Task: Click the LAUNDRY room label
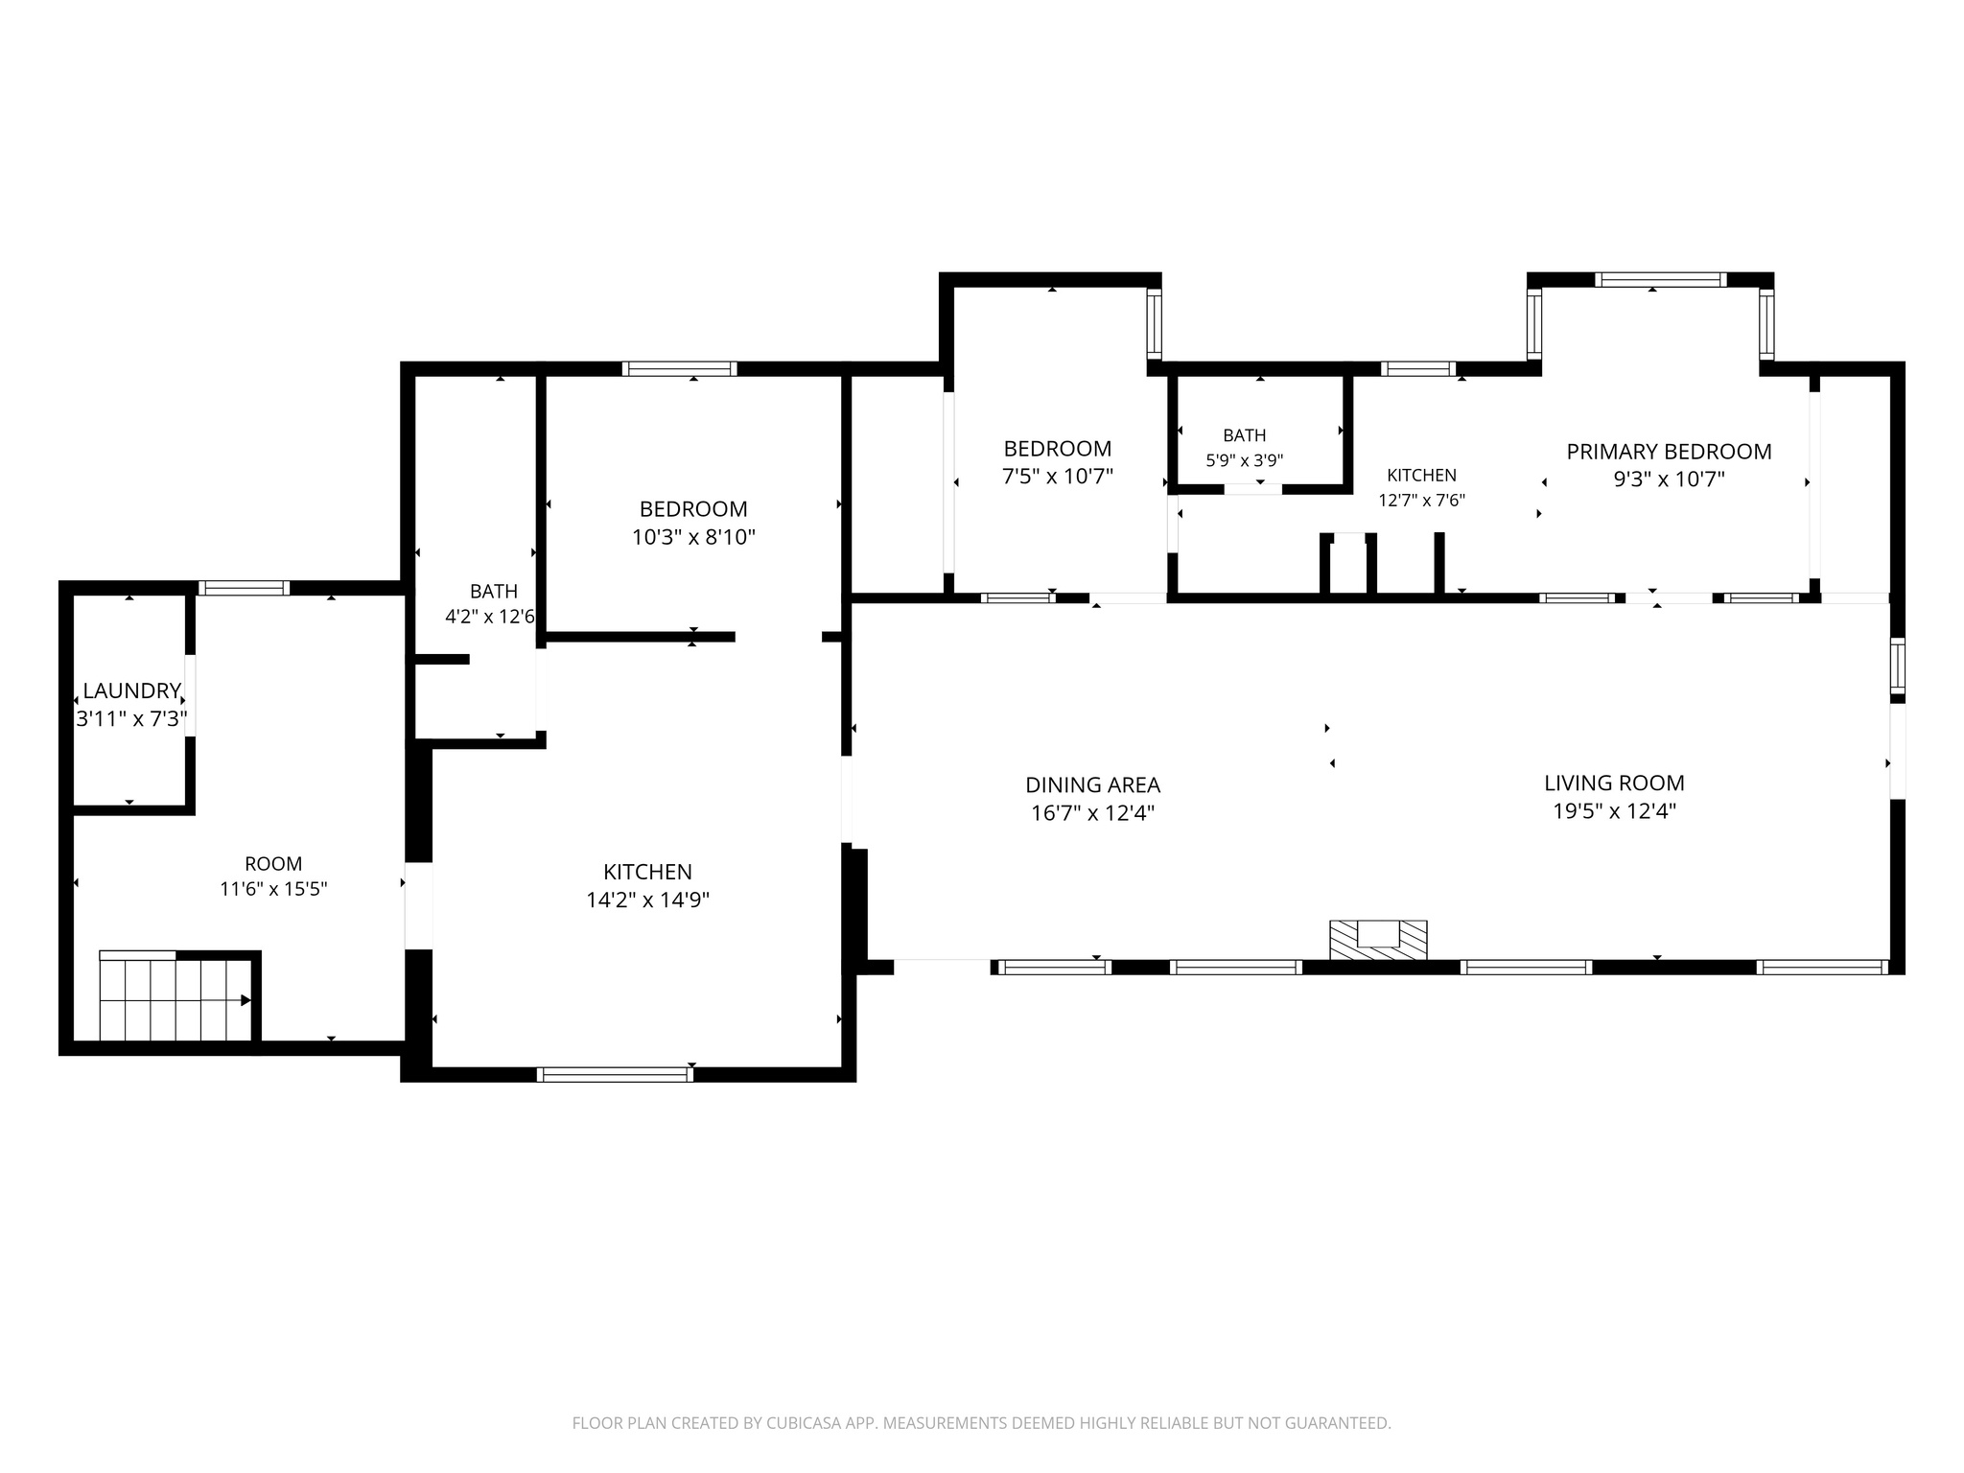[x=131, y=690]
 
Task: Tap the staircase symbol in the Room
[x=176, y=996]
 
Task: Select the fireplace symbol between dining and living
[x=1378, y=939]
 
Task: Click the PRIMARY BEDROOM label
[x=1669, y=452]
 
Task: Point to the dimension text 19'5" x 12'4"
[x=1614, y=811]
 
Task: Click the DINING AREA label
[x=1092, y=785]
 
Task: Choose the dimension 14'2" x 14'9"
[x=647, y=900]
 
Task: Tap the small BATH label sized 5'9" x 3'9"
[x=1244, y=435]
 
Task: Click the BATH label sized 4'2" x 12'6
[x=494, y=592]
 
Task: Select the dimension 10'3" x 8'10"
[x=693, y=537]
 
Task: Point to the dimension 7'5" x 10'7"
[x=1058, y=477]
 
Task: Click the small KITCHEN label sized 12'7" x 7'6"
[x=1421, y=476]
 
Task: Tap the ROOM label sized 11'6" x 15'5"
[x=273, y=864]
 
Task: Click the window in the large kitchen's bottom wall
[x=615, y=1075]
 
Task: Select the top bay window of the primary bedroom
[x=1660, y=280]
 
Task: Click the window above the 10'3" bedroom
[x=679, y=368]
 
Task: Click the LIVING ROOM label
[x=1614, y=783]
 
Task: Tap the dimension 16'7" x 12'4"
[x=1092, y=813]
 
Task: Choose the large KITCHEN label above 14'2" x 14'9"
[x=647, y=873]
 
